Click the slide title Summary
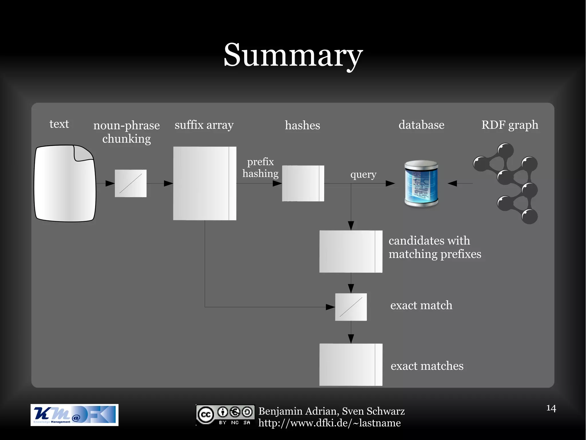coord(293,55)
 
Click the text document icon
coord(65,183)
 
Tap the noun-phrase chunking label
coord(126,132)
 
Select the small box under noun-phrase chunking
coord(130,183)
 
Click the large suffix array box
coord(205,183)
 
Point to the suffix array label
coord(204,125)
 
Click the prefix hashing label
coord(260,168)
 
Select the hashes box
coord(303,183)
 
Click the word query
coord(363,174)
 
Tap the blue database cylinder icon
coord(421,183)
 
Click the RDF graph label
coord(510,125)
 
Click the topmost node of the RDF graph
coord(505,150)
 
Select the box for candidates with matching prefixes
coord(351,251)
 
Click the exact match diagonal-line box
coord(351,307)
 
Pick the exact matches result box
coord(351,365)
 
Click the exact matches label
coord(427,366)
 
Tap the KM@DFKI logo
coord(74,415)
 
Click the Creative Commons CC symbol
coord(205,414)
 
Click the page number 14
coord(551,408)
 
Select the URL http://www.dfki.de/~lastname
coord(329,423)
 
